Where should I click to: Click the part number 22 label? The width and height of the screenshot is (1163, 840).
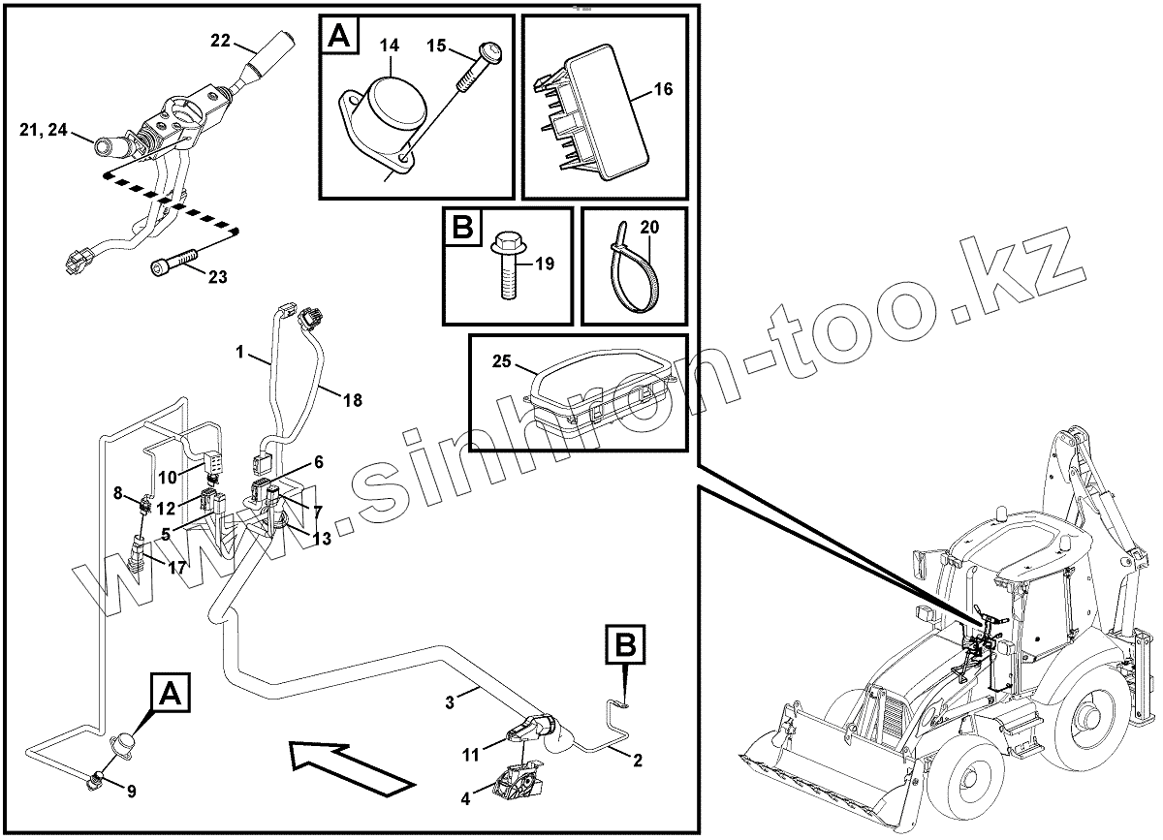point(221,41)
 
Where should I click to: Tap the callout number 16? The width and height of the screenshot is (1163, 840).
point(663,90)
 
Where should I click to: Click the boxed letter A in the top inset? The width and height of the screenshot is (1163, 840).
point(338,38)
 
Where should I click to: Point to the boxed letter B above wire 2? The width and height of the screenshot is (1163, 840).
point(625,643)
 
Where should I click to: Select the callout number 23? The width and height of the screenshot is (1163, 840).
point(217,277)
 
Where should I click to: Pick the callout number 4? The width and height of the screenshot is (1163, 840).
point(465,799)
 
